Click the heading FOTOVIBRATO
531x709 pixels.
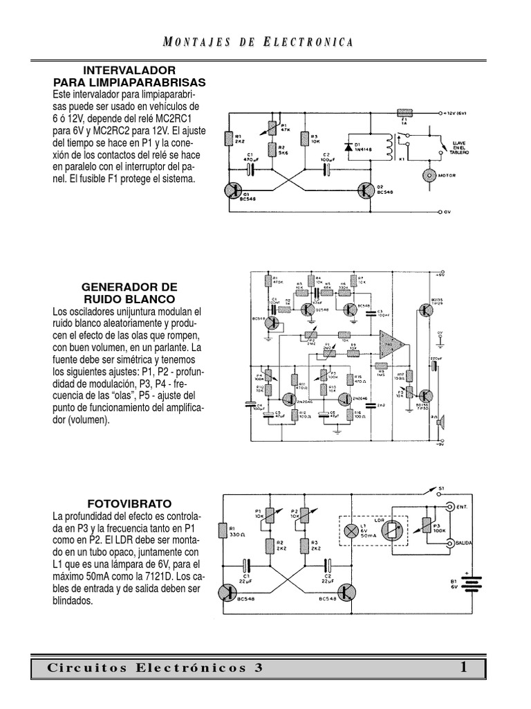pos(129,503)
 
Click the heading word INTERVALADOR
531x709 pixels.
pos(129,71)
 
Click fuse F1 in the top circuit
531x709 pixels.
pos(404,111)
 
